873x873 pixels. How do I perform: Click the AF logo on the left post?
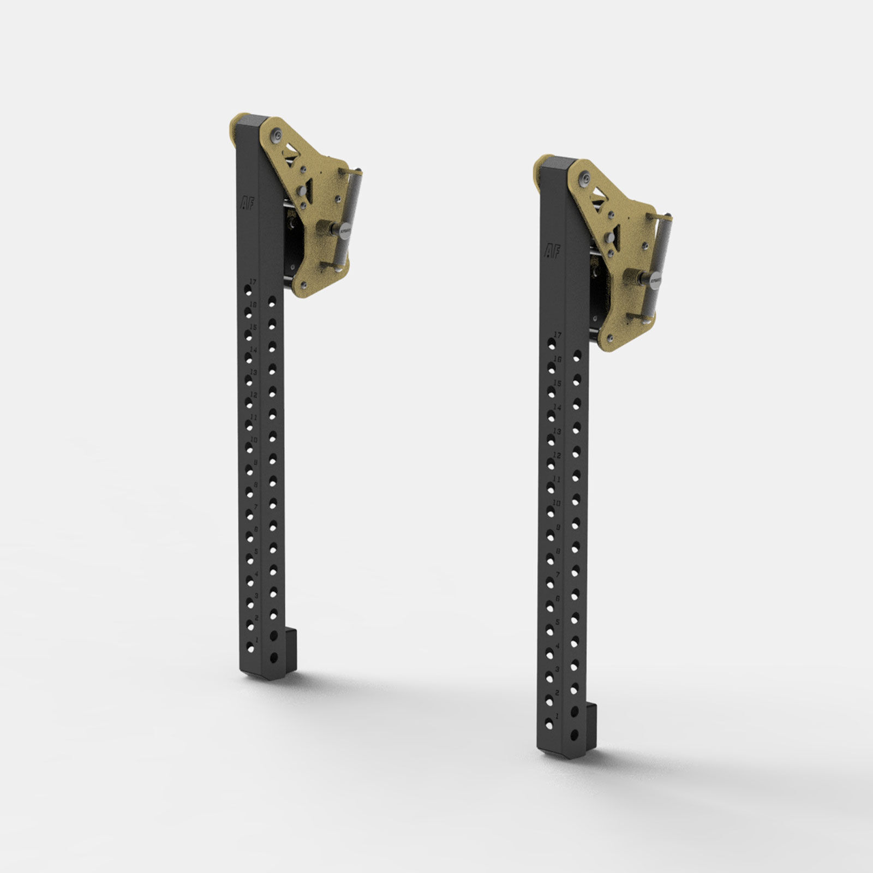tap(247, 203)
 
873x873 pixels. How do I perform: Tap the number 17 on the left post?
tap(252, 282)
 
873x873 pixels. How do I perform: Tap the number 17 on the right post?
tap(557, 334)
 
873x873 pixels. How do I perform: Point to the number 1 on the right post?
tap(557, 714)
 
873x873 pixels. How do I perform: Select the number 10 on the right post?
tap(557, 502)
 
